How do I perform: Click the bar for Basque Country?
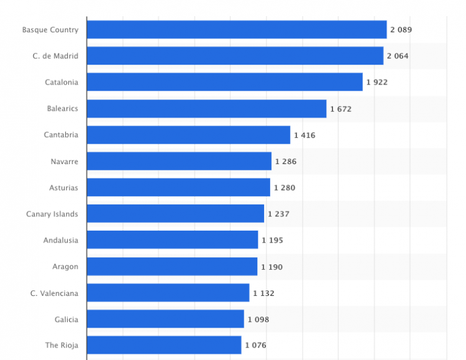tap(236, 29)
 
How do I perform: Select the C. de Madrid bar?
tap(235, 56)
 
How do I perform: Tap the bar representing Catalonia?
tap(224, 82)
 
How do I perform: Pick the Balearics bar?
tap(206, 109)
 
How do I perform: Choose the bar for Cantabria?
tap(188, 135)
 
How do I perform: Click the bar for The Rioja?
tap(164, 345)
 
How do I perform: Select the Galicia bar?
tap(165, 319)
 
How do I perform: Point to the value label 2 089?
tap(401, 29)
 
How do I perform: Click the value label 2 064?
tap(398, 56)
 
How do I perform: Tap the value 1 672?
tap(340, 109)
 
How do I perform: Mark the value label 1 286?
tap(286, 162)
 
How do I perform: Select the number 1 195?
tap(272, 240)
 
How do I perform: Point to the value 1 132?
tap(263, 293)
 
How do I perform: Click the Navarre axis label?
tap(65, 162)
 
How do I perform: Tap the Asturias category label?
tap(63, 188)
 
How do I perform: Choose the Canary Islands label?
tap(52, 214)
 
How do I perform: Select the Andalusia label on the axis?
tap(61, 240)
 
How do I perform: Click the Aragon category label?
tap(65, 267)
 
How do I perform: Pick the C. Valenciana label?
tap(55, 293)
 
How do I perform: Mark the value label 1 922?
tap(377, 82)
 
